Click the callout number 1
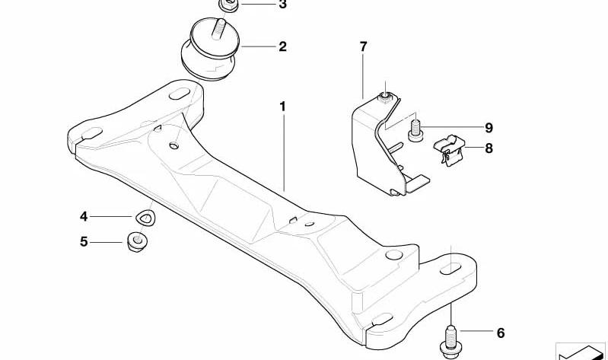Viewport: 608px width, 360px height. click(282, 107)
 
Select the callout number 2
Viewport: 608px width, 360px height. click(282, 46)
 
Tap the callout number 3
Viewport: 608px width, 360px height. click(282, 5)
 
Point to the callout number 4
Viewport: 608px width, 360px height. click(84, 216)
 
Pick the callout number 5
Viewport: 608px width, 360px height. click(84, 242)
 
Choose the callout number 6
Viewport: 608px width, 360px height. click(501, 333)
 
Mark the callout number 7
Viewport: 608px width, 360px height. click(363, 46)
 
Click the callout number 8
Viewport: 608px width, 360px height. click(489, 148)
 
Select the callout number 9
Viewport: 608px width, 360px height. click(489, 128)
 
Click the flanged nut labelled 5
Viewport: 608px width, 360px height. click(137, 241)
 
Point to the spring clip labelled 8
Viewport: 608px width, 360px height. click(450, 150)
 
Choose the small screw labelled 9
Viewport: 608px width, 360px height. click(416, 131)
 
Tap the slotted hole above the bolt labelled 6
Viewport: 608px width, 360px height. click(450, 269)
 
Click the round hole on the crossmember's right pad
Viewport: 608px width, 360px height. click(394, 255)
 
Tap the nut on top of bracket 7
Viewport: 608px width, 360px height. click(384, 97)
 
